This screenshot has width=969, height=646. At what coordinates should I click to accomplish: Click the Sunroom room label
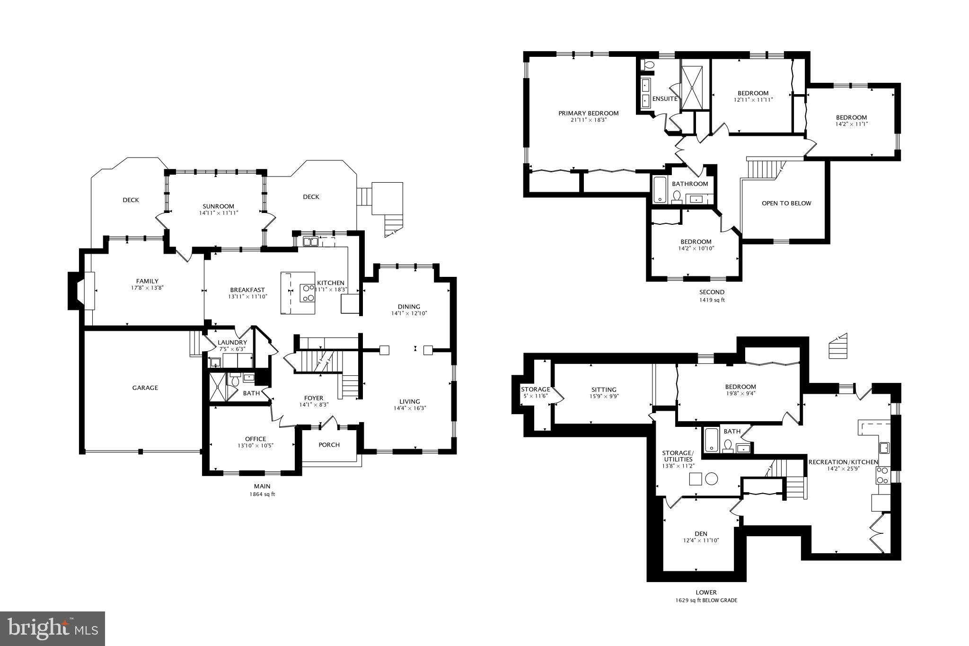click(x=218, y=206)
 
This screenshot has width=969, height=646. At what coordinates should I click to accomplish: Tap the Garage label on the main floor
click(x=145, y=388)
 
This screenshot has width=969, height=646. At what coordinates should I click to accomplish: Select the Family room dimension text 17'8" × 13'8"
click(x=147, y=288)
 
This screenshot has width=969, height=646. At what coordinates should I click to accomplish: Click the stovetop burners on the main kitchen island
click(x=308, y=292)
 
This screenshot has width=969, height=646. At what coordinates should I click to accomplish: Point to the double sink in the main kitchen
click(x=310, y=242)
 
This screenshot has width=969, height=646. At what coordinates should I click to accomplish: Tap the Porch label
click(x=329, y=444)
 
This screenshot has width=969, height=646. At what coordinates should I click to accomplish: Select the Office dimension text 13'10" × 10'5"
click(x=255, y=445)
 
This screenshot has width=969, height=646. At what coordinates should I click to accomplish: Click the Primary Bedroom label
click(x=588, y=113)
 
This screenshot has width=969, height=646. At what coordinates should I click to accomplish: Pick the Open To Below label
click(x=786, y=203)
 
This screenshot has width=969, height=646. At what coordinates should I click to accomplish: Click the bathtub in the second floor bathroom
click(x=659, y=190)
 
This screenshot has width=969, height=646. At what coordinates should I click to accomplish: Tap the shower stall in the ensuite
click(x=692, y=88)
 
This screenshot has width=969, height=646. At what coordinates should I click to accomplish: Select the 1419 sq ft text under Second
click(x=712, y=300)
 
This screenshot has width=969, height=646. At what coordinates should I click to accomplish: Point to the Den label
click(x=701, y=533)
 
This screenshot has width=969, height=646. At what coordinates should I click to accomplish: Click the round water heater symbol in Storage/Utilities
click(x=711, y=478)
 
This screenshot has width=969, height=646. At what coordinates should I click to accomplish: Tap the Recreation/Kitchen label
click(x=843, y=462)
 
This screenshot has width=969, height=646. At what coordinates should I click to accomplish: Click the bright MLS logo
click(x=53, y=628)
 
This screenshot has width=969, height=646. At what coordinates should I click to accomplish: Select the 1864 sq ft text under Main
click(x=262, y=494)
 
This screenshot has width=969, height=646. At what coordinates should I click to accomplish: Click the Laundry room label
click(x=232, y=343)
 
